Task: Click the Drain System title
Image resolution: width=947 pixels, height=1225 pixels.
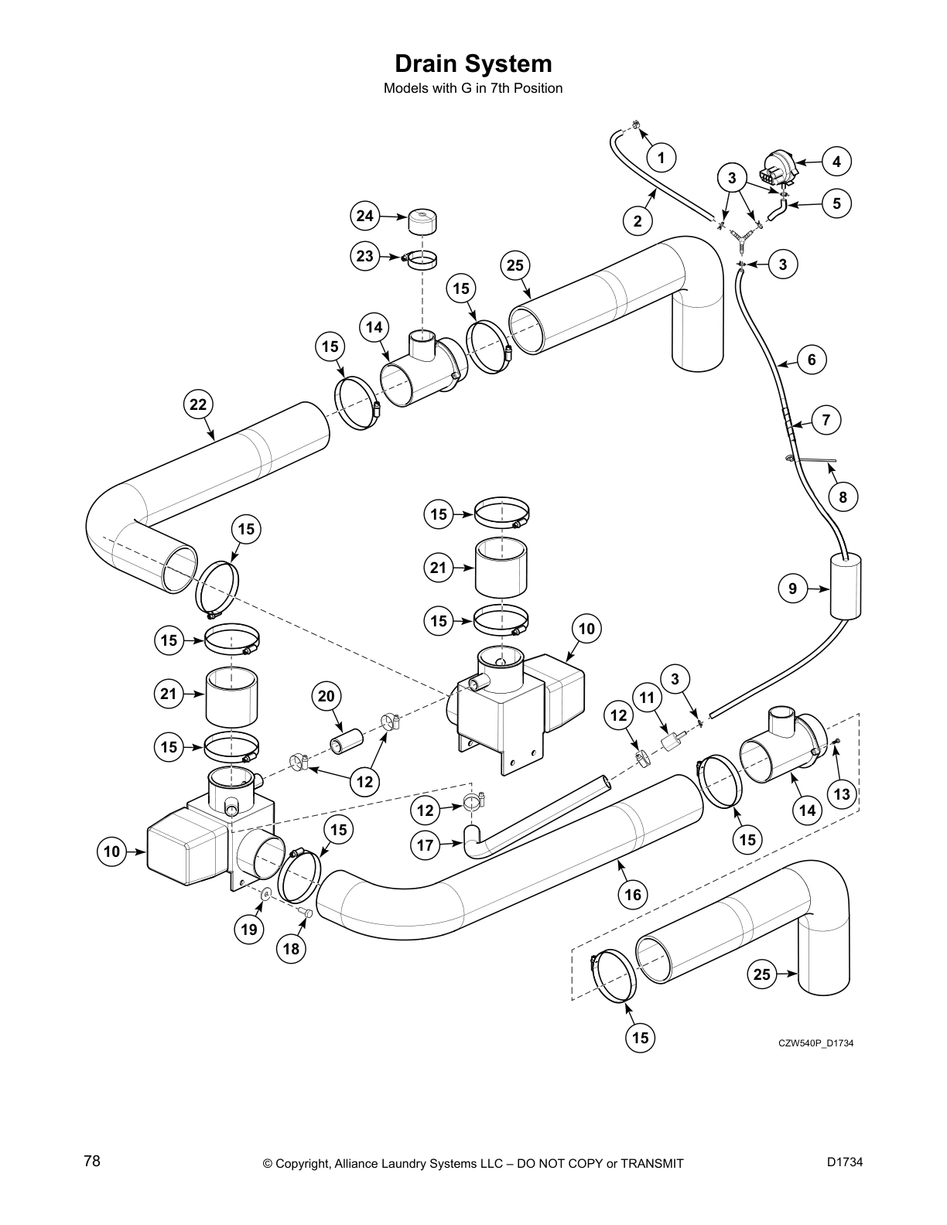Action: point(473,63)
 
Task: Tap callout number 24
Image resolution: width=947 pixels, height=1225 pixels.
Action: point(365,216)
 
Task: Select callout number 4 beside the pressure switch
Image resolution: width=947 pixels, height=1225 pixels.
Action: point(836,162)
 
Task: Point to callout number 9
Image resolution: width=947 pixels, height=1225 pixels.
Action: point(792,589)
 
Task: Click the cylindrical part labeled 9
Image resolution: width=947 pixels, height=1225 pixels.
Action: point(845,585)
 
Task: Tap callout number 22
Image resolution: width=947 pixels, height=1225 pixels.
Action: point(199,404)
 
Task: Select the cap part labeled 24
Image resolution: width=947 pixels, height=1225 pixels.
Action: point(423,222)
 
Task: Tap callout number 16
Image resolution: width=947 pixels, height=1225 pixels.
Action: point(633,895)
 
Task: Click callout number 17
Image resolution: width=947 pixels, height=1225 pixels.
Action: point(426,845)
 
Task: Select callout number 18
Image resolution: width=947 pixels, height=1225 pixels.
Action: point(292,949)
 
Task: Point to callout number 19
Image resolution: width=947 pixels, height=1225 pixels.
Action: point(249,929)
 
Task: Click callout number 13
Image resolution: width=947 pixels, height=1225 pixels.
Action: point(842,794)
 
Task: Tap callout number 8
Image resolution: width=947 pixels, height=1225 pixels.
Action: point(843,497)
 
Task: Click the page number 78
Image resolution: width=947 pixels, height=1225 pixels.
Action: point(92,1161)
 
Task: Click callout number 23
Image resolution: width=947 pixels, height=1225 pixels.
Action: point(365,256)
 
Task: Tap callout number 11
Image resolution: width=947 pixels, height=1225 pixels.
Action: point(648,698)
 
